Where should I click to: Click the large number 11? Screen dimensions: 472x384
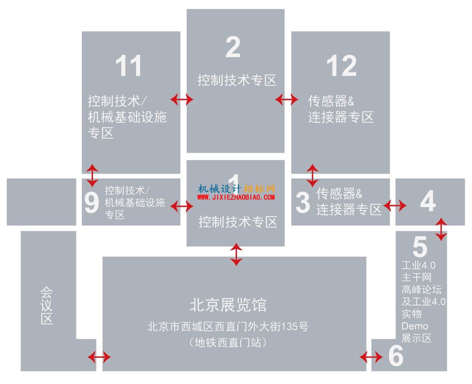[x=129, y=66]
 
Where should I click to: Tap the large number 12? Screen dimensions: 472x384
[x=342, y=66]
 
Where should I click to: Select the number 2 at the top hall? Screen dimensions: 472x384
[x=233, y=47]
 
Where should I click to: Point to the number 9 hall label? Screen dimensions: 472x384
[x=92, y=202]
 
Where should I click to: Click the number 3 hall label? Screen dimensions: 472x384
[x=302, y=202]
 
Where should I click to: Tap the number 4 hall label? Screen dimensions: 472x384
[x=428, y=201]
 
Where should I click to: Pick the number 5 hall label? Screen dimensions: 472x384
[x=420, y=246]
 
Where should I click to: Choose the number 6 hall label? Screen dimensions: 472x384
[x=396, y=355]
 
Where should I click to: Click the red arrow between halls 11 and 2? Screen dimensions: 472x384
[x=182, y=99]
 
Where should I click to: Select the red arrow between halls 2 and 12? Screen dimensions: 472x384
[x=286, y=99]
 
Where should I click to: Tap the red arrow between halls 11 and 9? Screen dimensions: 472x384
[x=92, y=175]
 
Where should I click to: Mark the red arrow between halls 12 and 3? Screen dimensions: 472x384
[x=313, y=175]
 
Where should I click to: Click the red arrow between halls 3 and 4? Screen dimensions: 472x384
[x=395, y=206]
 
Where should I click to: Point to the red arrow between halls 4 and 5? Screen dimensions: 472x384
[x=441, y=229]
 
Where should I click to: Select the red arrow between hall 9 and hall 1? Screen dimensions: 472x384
[x=182, y=206]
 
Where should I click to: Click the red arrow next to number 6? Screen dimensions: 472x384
[x=371, y=357]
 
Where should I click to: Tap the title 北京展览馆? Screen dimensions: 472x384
[x=228, y=305]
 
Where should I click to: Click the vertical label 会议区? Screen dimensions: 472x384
[x=47, y=305]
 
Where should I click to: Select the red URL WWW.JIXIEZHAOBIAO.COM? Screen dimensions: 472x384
[x=236, y=197]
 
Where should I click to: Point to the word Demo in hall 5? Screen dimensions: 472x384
[x=415, y=326]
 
